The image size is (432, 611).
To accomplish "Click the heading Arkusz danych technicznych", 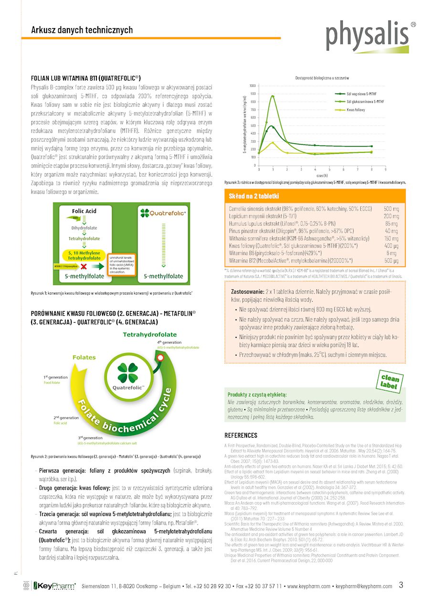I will [82, 30].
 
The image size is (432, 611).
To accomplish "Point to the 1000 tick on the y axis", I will [252, 85].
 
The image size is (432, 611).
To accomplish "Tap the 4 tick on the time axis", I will [315, 169].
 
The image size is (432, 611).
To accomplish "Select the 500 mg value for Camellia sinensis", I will [391, 209].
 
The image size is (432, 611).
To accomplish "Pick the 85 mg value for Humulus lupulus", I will [392, 223].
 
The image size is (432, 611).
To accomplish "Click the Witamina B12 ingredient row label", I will [291, 261].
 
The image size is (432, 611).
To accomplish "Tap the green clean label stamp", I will [390, 380].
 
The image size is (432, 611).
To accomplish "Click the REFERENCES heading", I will [241, 435].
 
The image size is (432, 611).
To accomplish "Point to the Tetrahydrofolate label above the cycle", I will [149, 335].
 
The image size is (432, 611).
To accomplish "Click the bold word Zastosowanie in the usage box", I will [247, 291].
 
